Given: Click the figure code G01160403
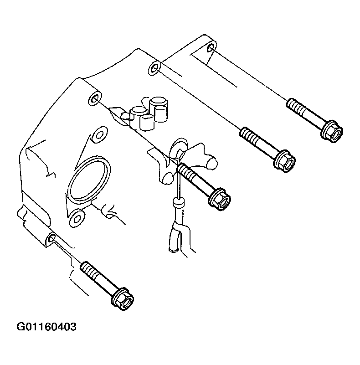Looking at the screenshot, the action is (x=46, y=327).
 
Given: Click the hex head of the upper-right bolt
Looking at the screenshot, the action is (x=332, y=132).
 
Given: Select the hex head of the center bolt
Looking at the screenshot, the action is (x=219, y=199).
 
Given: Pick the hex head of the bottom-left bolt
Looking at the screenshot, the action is (x=122, y=298).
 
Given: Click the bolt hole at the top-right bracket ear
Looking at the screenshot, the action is (x=211, y=48).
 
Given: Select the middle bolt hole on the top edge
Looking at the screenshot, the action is (x=154, y=68).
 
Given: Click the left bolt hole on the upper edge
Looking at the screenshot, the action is (x=95, y=99).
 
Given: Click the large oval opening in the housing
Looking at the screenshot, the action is (x=89, y=179).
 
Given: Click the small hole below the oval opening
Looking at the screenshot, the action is (x=77, y=219).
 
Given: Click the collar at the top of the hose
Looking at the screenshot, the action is (x=178, y=202).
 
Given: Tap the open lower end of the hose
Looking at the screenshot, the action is (x=174, y=250).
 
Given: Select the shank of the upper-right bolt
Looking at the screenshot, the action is (x=311, y=117).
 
